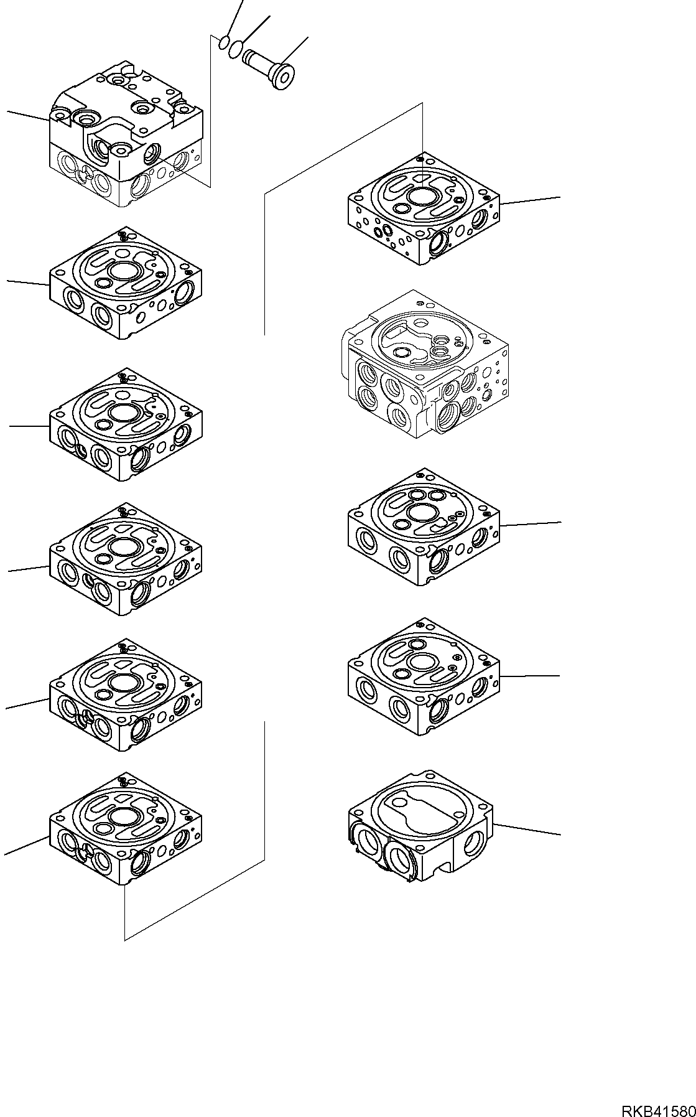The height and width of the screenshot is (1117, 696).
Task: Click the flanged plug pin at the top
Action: (x=273, y=66)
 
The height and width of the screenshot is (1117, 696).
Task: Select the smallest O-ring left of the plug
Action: (x=223, y=42)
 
